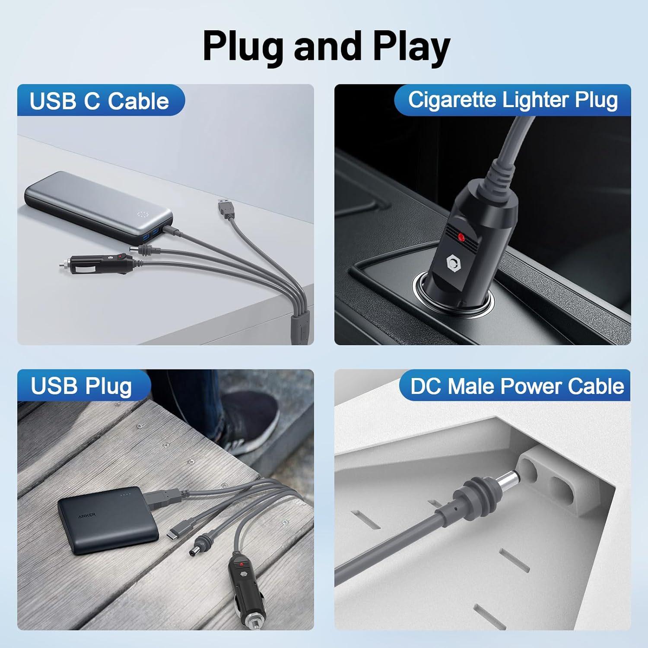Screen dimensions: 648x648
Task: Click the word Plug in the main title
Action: (x=243, y=47)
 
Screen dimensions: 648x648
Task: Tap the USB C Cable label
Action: (x=99, y=101)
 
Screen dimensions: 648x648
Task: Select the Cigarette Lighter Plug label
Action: (x=513, y=100)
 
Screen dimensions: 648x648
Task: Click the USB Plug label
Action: (x=81, y=386)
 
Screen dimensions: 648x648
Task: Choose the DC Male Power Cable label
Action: (x=517, y=386)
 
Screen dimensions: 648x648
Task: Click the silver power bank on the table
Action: (x=98, y=205)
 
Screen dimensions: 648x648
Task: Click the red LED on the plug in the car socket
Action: (x=461, y=237)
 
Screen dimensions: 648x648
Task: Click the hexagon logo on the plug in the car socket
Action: (x=453, y=262)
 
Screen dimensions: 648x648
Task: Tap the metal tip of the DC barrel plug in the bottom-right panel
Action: (x=509, y=480)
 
